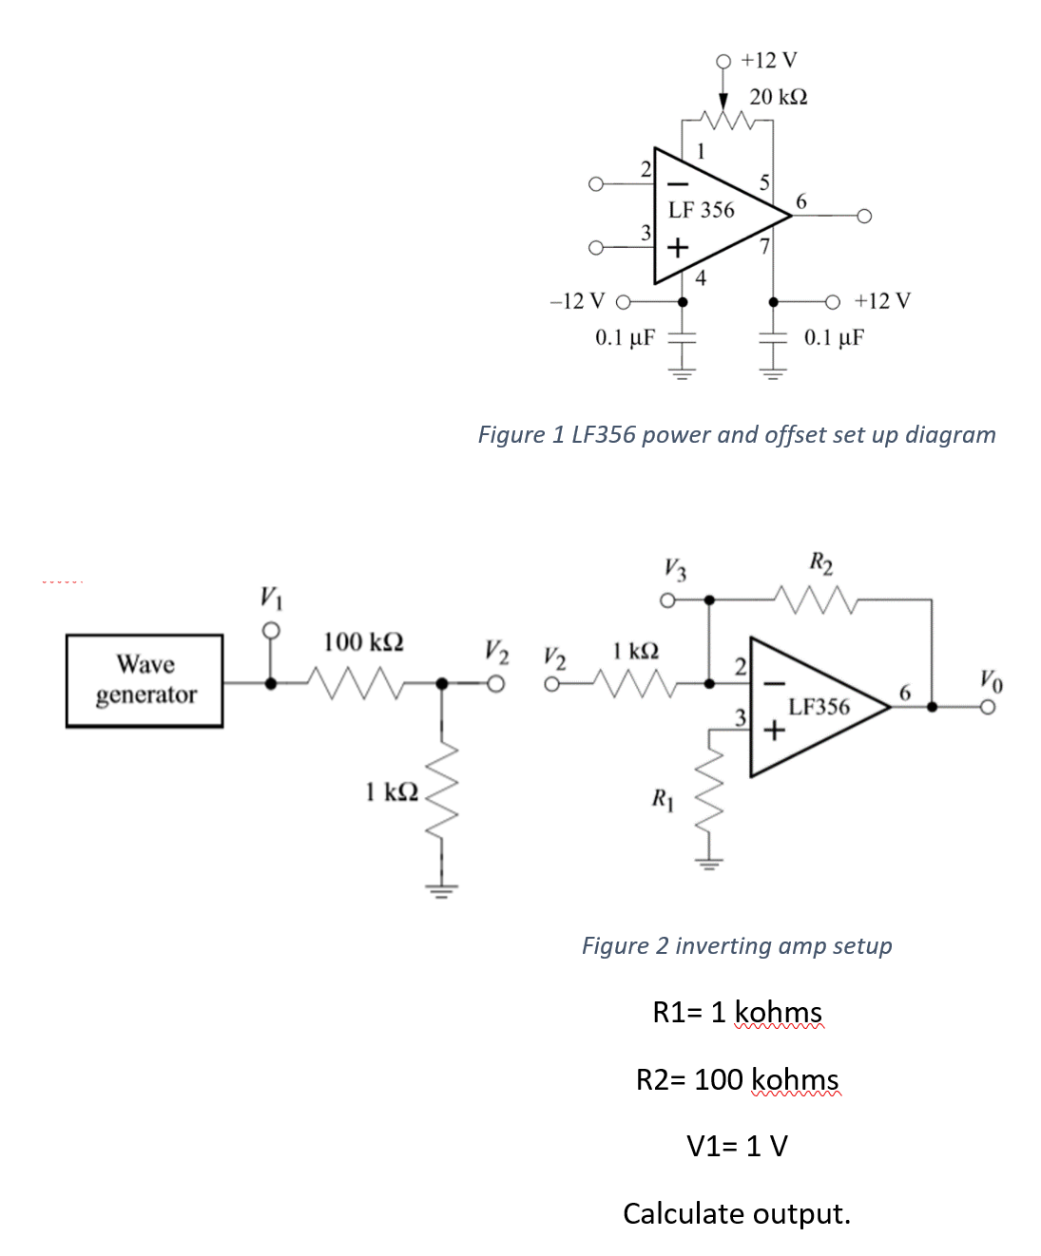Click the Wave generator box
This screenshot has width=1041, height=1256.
click(145, 680)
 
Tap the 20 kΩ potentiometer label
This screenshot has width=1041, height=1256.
click(778, 97)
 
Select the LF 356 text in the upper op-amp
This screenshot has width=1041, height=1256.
click(701, 210)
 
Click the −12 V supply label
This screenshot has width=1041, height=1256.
click(577, 301)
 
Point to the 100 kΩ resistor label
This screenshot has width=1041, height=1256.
click(363, 642)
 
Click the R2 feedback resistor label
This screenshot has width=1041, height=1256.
click(821, 562)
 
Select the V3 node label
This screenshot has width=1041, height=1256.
click(675, 569)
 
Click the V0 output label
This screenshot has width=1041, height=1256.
click(991, 680)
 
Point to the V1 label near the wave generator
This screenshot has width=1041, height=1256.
click(271, 598)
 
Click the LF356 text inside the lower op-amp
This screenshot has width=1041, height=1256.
click(819, 707)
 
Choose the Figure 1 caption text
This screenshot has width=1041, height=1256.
click(736, 435)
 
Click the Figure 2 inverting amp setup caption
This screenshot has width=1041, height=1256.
click(737, 946)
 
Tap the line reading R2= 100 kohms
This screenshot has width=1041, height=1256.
click(737, 1080)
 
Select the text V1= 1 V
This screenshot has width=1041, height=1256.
click(737, 1147)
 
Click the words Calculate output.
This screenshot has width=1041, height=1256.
click(737, 1214)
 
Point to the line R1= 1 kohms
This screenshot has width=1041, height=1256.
click(737, 1013)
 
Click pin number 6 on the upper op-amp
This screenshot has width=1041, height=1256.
click(800, 201)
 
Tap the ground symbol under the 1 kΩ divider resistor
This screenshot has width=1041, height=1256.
click(440, 890)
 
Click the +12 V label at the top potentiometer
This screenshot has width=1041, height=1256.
click(769, 61)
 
